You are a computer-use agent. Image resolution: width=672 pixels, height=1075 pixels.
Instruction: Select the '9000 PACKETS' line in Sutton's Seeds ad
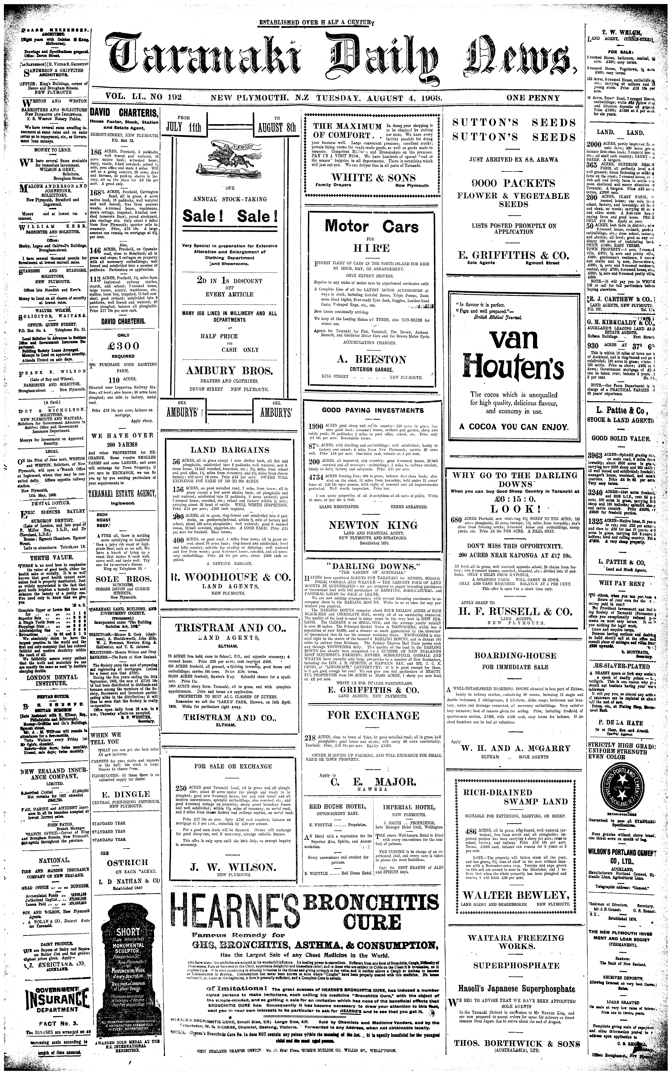[513, 183]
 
